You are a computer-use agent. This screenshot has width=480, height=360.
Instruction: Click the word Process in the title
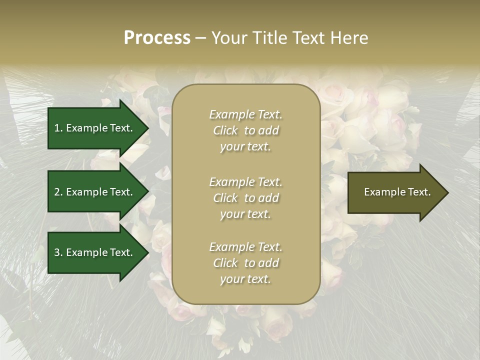[x=157, y=38]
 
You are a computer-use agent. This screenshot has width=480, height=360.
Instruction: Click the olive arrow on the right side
[x=395, y=192]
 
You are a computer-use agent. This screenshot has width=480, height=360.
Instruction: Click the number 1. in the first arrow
[x=58, y=128]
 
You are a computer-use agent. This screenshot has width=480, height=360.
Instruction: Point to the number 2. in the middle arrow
[x=58, y=192]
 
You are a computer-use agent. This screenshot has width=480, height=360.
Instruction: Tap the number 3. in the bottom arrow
[x=58, y=252]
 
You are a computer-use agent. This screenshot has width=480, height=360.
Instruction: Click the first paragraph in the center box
[x=245, y=130]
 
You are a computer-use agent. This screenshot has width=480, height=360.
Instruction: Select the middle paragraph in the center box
[x=245, y=198]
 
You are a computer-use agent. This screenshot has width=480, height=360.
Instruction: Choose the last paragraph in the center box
[x=245, y=263]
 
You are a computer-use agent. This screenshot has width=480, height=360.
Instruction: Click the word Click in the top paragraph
[x=225, y=130]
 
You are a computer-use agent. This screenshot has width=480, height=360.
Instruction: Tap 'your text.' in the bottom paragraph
[x=245, y=279]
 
